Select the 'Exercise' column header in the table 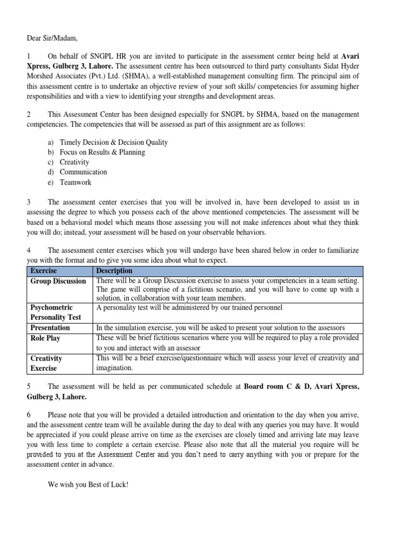point(43,271)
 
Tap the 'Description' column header point(114,271)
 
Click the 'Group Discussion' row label point(58,281)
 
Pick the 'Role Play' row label point(46,338)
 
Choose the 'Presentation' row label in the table point(50,328)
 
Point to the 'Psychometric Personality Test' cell point(55,312)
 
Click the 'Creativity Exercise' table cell point(46,363)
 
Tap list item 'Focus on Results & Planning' point(102,152)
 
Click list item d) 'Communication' point(83,172)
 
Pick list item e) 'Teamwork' point(75,182)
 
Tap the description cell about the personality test point(189,308)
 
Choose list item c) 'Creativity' point(74,162)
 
